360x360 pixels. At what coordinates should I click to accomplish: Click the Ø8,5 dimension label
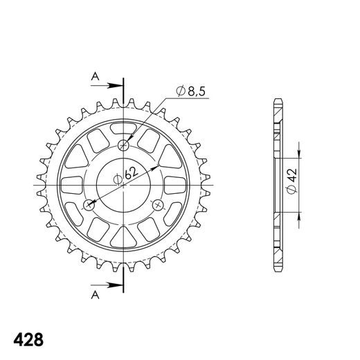191,91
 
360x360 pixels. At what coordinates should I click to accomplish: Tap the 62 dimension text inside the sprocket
129,176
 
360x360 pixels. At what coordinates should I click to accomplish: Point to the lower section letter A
94,296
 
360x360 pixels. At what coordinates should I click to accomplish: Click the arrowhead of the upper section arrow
118,86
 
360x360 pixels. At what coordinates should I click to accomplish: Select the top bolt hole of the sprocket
124,145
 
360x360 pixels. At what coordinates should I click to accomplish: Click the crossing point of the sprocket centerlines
124,185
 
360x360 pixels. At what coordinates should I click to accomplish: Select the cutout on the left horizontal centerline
71,185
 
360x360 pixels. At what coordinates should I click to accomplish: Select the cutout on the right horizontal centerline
177,185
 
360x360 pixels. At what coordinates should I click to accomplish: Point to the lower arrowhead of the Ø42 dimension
298,219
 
